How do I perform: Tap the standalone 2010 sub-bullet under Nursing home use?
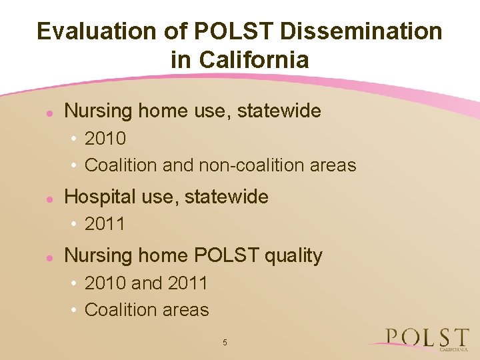[x=105, y=139]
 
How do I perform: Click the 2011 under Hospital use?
[x=105, y=224]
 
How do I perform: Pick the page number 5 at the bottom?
[x=225, y=343]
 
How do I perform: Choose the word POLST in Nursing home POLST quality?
[x=223, y=255]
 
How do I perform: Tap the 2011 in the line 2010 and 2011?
[x=187, y=283]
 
